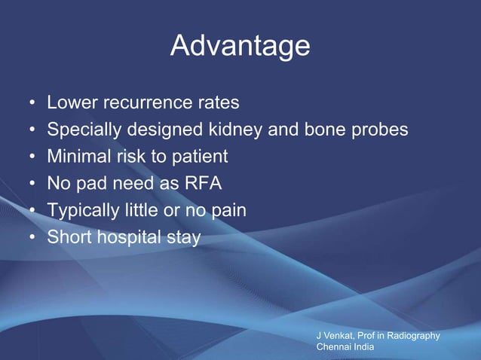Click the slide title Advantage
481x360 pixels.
point(240,46)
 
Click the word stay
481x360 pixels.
point(183,238)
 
